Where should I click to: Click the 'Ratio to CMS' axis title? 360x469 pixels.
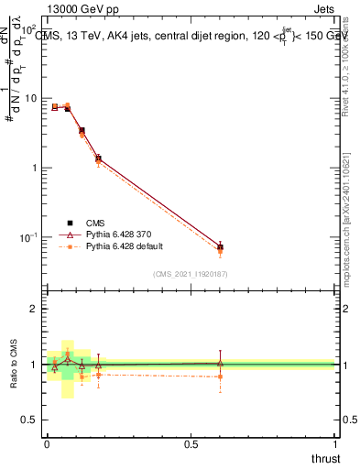[14, 365]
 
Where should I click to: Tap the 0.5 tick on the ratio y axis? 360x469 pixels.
[33, 420]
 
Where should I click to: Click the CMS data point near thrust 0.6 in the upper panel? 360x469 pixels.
[220, 247]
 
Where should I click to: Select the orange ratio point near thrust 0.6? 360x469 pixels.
[220, 376]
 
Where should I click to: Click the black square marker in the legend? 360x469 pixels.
[70, 222]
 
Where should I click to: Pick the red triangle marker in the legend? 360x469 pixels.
[70, 234]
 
